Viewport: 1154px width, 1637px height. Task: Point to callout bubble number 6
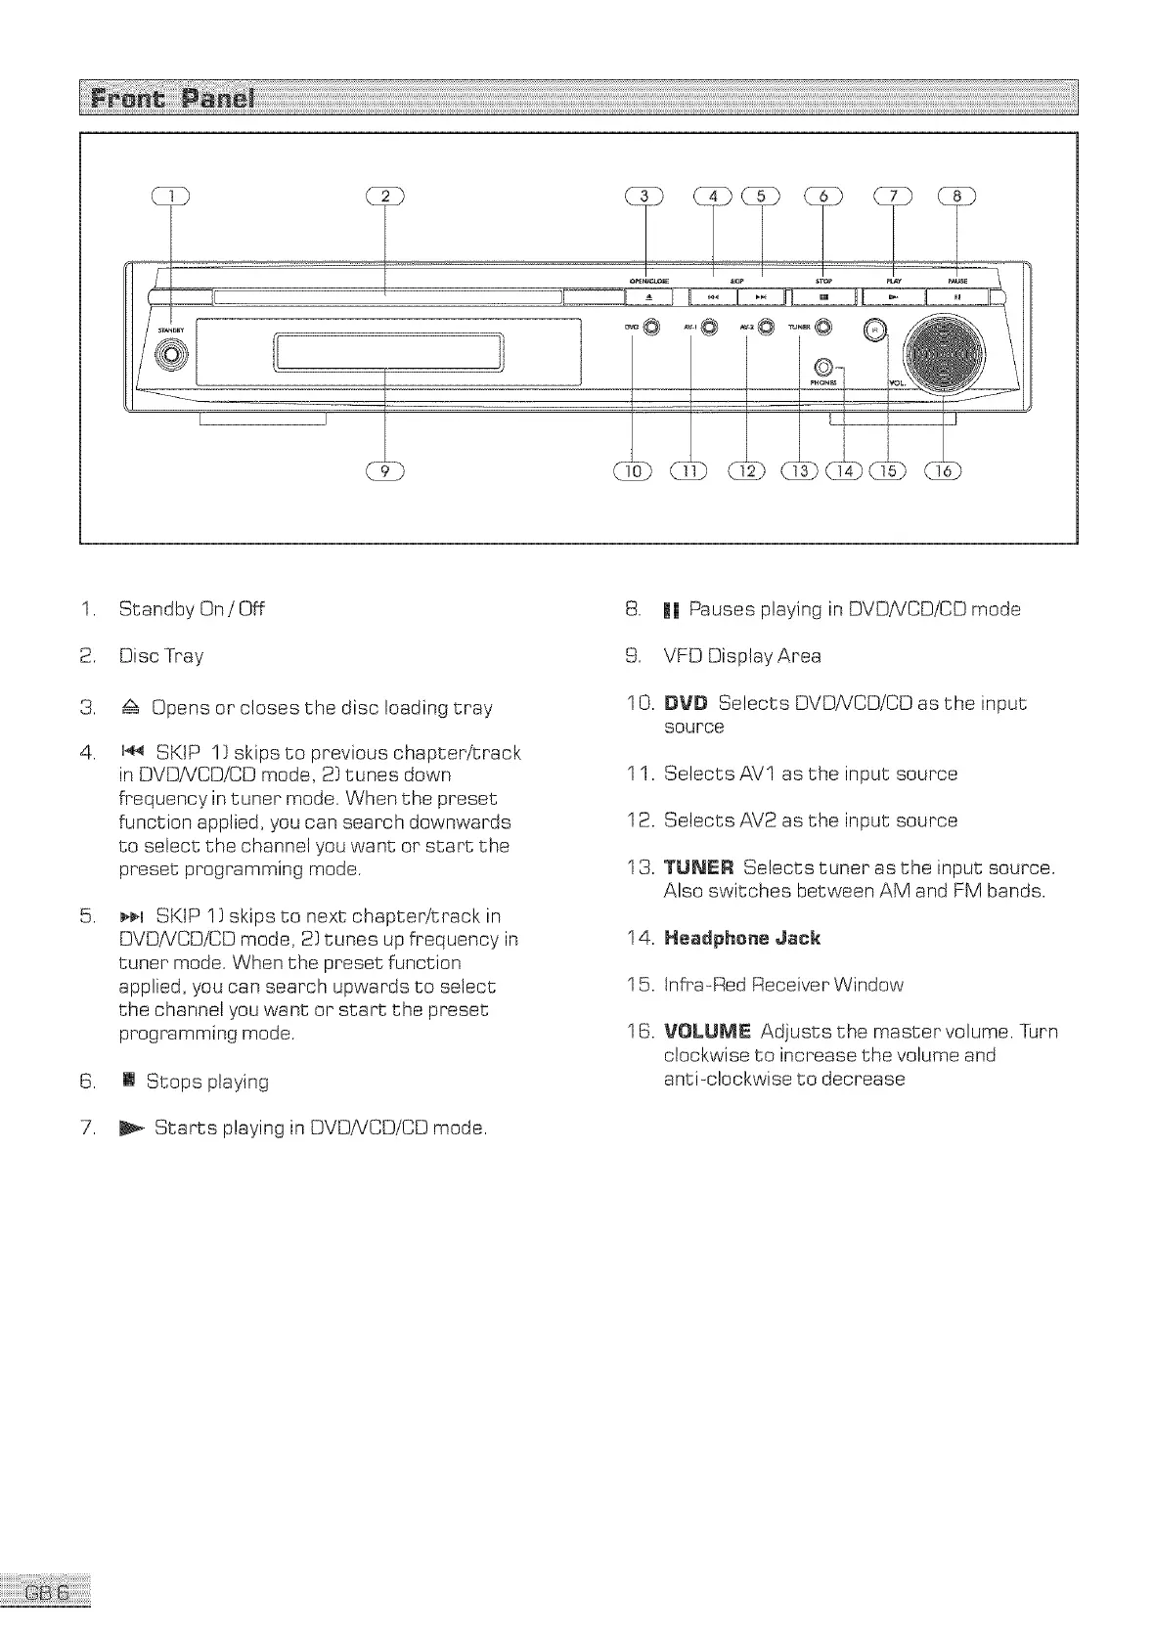click(822, 196)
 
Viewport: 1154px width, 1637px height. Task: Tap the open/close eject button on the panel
click(647, 296)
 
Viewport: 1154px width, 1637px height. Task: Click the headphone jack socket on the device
click(822, 367)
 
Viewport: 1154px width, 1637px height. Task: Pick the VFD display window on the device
click(389, 352)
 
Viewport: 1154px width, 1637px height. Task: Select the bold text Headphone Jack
click(742, 938)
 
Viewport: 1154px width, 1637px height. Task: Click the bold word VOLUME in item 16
click(707, 1032)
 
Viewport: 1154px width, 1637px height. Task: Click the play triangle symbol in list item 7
click(131, 1128)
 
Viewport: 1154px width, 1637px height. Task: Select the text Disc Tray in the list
click(161, 656)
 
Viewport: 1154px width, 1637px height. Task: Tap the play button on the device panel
click(892, 296)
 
